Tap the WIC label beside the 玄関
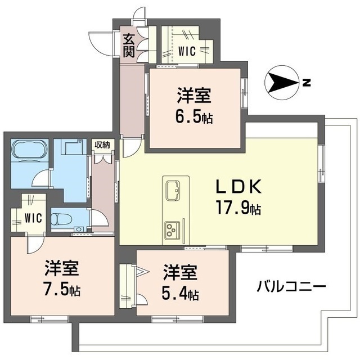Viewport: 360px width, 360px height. (x=186, y=51)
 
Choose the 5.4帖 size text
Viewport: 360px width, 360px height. (x=181, y=294)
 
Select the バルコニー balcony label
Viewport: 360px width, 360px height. (x=291, y=286)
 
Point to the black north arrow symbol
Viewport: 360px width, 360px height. (x=281, y=83)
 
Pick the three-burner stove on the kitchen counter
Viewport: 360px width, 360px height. (x=172, y=228)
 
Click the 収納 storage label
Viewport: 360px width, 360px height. (x=102, y=145)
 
